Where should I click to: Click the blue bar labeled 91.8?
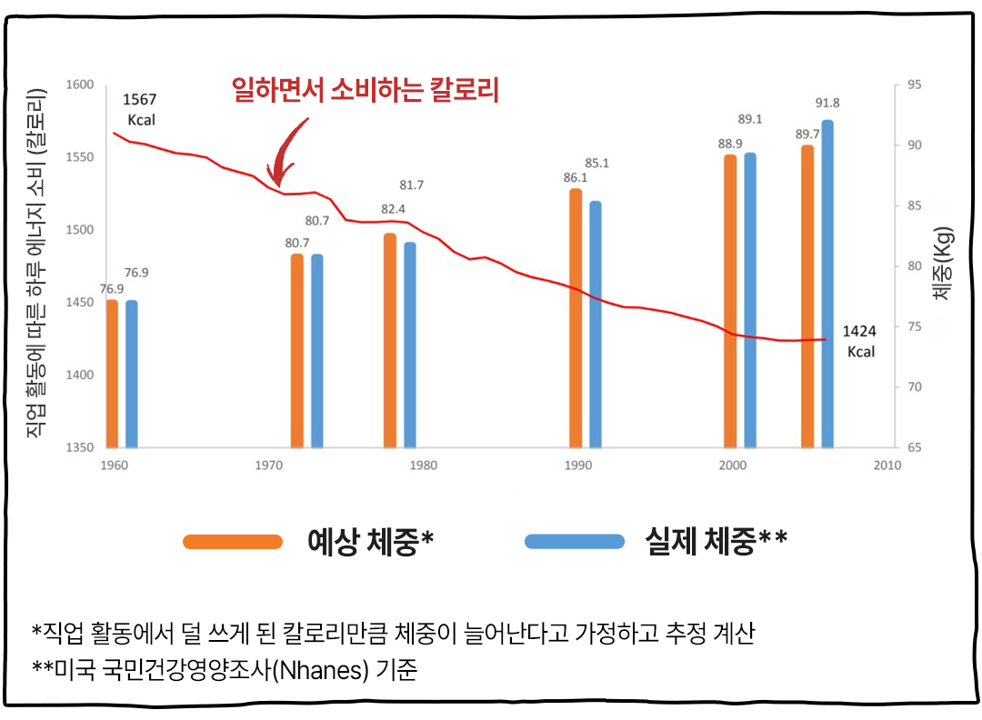click(827, 284)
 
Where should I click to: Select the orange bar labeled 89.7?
click(807, 296)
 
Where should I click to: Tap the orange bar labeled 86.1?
click(576, 318)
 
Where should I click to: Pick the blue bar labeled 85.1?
click(596, 325)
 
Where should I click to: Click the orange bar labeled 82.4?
click(390, 341)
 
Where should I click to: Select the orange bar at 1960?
click(112, 374)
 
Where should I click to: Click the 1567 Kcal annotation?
click(139, 109)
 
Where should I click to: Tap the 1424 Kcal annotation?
click(859, 341)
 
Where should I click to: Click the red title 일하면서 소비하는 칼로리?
click(366, 90)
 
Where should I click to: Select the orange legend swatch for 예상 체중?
click(233, 542)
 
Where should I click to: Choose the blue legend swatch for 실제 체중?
click(574, 542)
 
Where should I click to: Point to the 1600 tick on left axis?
click(81, 85)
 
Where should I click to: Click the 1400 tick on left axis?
click(81, 375)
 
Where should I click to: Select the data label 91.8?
click(828, 103)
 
